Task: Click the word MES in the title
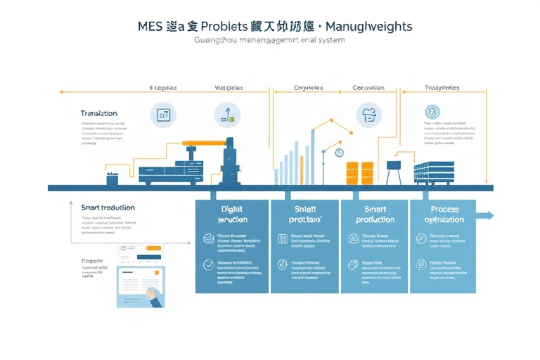pyautogui.click(x=150, y=26)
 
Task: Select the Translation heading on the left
pyautogui.click(x=99, y=113)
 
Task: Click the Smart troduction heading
pyautogui.click(x=108, y=207)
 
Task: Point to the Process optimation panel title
pyautogui.click(x=444, y=214)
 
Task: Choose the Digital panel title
pyautogui.click(x=231, y=214)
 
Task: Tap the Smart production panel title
pyautogui.click(x=375, y=214)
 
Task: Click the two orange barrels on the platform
pyautogui.click(x=359, y=173)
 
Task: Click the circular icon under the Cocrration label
pyautogui.click(x=368, y=112)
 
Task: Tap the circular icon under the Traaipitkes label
pyautogui.click(x=432, y=111)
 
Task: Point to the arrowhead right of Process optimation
pyautogui.click(x=489, y=215)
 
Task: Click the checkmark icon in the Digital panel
pyautogui.click(x=208, y=265)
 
